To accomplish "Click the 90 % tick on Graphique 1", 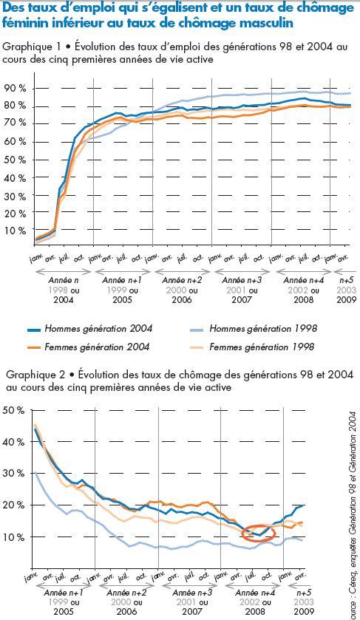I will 15,89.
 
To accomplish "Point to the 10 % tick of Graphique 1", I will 15,231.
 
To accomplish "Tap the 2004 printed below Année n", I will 64,300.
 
